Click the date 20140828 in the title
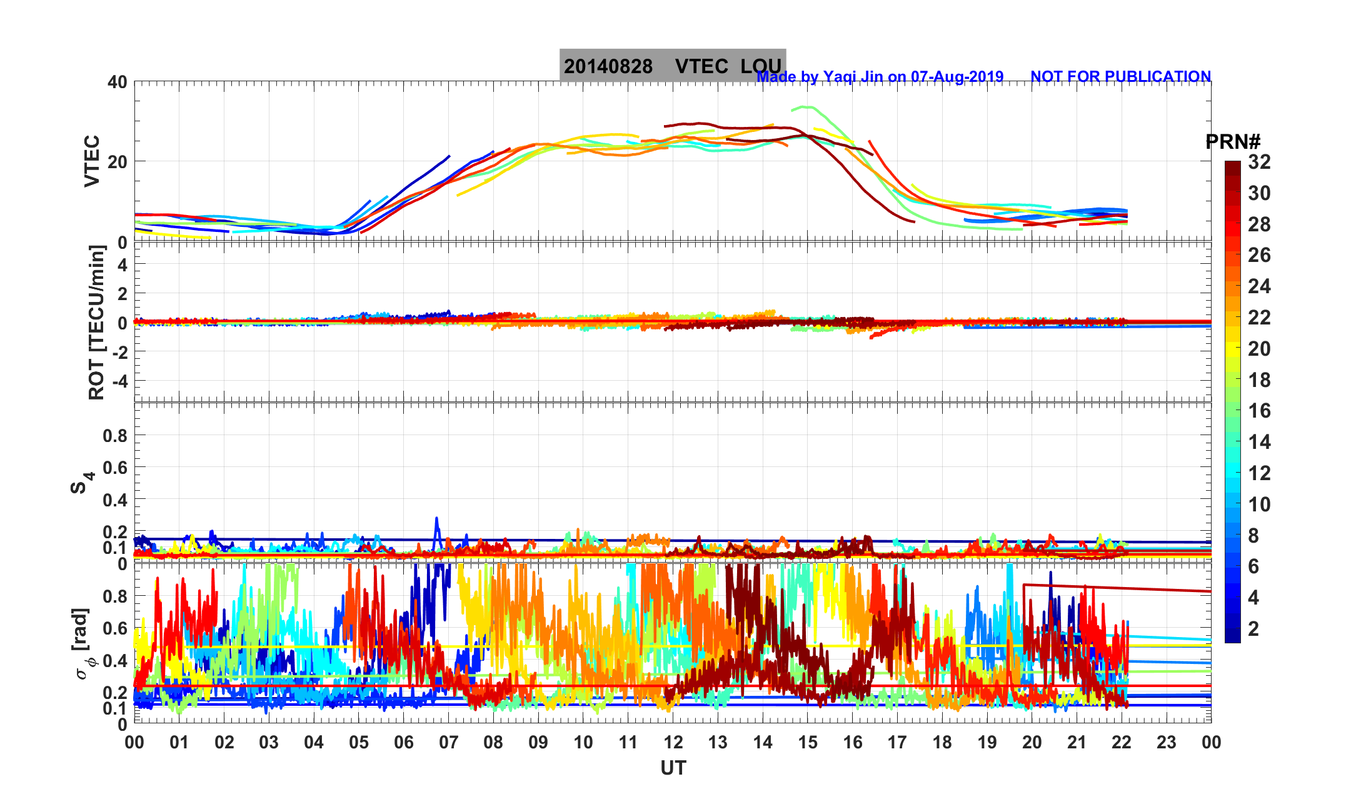(x=608, y=66)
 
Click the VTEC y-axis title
(x=92, y=161)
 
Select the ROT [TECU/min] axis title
(x=96, y=322)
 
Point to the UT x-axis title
(x=673, y=768)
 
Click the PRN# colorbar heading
(x=1232, y=142)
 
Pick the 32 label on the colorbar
(x=1259, y=162)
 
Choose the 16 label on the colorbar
(x=1259, y=411)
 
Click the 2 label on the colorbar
(x=1253, y=628)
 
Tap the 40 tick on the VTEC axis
(x=117, y=82)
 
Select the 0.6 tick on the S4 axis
(x=115, y=467)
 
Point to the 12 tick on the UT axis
(x=673, y=742)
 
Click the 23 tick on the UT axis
(x=1166, y=742)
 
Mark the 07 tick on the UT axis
(x=448, y=742)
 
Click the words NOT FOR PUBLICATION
(x=1120, y=76)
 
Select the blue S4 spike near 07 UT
(x=436, y=519)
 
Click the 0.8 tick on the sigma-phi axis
(x=115, y=596)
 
